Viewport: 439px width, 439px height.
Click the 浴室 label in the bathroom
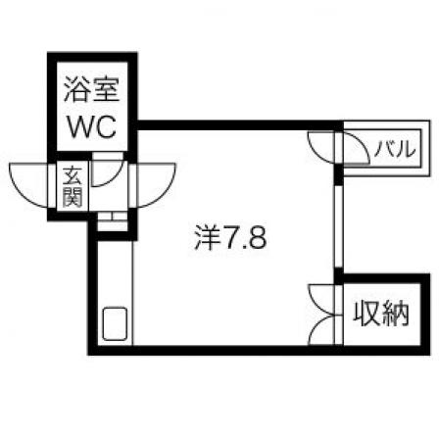click(92, 90)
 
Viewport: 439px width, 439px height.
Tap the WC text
click(92, 127)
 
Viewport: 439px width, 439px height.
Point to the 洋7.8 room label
click(230, 238)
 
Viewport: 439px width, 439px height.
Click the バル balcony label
click(395, 149)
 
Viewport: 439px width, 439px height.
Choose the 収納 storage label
click(381, 314)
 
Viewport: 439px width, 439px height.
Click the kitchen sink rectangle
click(115, 323)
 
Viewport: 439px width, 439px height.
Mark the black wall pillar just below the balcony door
click(339, 175)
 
